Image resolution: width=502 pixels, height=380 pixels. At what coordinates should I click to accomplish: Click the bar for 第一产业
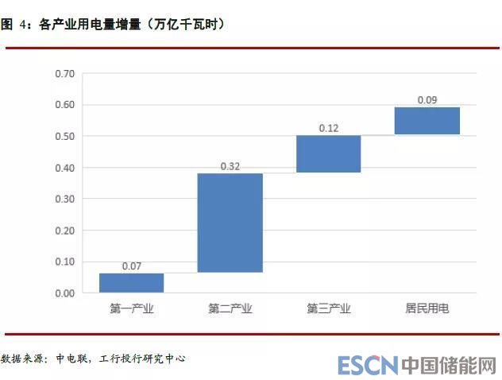(x=132, y=283)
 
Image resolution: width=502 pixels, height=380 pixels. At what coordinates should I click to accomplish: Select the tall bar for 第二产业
(x=230, y=223)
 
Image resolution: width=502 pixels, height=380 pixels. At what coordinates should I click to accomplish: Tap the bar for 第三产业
(x=328, y=153)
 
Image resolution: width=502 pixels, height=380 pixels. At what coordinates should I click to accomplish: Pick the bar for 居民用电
(x=427, y=120)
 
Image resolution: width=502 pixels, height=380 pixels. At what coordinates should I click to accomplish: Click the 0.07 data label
(x=132, y=266)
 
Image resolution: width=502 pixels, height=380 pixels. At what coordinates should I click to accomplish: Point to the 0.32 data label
(x=230, y=166)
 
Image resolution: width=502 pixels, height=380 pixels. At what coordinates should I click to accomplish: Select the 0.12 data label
(x=328, y=128)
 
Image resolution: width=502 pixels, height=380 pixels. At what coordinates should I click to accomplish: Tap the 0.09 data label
(x=427, y=100)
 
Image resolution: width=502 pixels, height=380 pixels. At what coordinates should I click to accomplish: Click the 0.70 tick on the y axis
(x=65, y=74)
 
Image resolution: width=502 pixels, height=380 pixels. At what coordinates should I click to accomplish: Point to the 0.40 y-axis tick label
(x=65, y=168)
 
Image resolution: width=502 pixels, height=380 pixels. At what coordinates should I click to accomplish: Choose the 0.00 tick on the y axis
(x=65, y=293)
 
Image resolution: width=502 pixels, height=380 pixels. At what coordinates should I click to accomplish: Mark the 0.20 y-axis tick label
(x=65, y=231)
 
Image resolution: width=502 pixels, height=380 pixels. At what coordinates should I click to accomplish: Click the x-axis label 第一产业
(x=132, y=308)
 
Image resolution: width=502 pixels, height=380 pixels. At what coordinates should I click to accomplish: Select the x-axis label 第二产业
(x=230, y=308)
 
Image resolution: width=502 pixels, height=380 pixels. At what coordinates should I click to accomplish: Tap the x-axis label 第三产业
(x=328, y=308)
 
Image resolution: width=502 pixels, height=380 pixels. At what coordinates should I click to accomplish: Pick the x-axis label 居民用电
(x=427, y=308)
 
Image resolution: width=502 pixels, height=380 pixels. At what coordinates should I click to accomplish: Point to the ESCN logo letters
(x=367, y=366)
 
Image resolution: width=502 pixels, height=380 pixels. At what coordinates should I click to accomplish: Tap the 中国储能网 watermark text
(x=448, y=366)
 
